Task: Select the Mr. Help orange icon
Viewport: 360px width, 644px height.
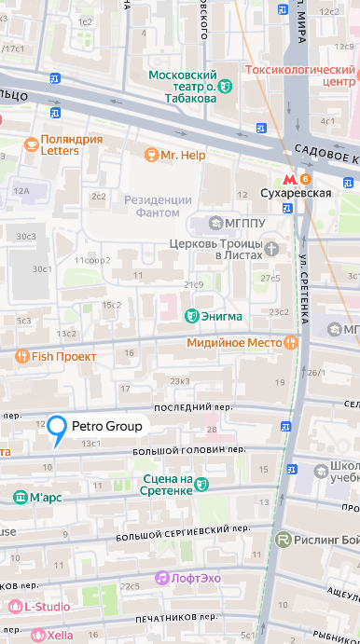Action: (149, 155)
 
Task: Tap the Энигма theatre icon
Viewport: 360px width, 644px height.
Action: (192, 317)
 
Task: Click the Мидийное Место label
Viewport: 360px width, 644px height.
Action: (239, 343)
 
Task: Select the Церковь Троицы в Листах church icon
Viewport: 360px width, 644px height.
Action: (271, 248)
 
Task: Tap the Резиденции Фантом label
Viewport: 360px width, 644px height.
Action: (158, 206)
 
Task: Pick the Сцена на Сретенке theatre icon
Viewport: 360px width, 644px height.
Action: (202, 485)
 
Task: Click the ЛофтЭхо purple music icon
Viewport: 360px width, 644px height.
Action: (162, 578)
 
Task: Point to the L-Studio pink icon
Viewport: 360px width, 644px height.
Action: (15, 607)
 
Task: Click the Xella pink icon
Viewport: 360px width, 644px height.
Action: (38, 634)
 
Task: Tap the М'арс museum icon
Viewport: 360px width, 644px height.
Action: (20, 498)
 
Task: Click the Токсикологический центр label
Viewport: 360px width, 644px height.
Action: (300, 75)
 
